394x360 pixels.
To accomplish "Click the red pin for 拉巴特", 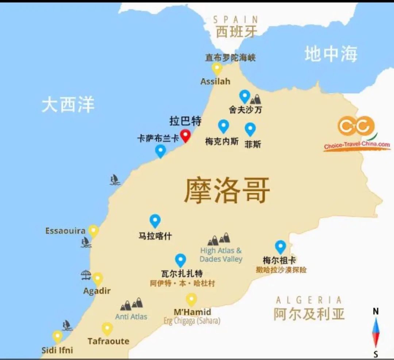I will (186, 135).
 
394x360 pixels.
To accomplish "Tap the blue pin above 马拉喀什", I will (155, 221).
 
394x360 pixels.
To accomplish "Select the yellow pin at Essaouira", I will (94, 231).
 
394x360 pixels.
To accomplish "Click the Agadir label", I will (97, 291).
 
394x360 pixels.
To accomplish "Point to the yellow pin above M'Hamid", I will (191, 299).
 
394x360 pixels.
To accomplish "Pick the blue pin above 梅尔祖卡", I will (280, 246).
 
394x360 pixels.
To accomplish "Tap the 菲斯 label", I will (253, 144).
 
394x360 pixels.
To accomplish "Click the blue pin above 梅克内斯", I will (223, 126).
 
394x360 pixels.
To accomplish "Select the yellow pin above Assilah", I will (217, 68).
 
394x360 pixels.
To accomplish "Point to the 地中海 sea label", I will (331, 54).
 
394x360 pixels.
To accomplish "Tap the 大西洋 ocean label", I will (68, 104).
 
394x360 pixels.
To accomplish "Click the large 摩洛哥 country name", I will (227, 190).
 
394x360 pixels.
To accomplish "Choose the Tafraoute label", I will (108, 341).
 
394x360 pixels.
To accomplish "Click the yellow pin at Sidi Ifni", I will (57, 336).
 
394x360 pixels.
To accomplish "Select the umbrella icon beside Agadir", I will (86, 275).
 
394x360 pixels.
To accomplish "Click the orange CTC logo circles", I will (356, 126).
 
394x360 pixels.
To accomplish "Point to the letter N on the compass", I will (375, 311).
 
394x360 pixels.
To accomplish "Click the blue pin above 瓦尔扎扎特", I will (180, 260).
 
